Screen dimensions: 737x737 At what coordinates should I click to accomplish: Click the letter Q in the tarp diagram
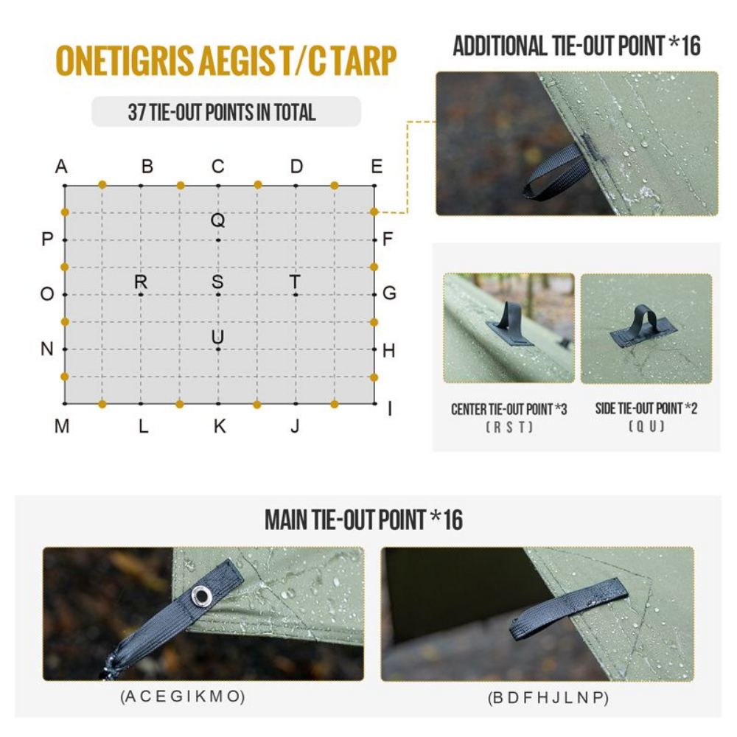(217, 220)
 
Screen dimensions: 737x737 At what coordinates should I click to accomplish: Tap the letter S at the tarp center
(217, 282)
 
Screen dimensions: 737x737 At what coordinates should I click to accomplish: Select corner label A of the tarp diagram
(61, 167)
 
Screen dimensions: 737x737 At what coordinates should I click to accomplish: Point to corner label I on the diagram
(389, 408)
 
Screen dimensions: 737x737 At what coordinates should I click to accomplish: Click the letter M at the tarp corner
(62, 426)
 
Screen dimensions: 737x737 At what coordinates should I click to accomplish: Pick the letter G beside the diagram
(389, 293)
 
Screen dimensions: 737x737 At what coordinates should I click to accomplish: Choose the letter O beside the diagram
(47, 294)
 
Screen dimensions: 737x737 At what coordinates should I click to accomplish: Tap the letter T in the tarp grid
(295, 282)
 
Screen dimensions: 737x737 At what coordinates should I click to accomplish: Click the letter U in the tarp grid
(217, 337)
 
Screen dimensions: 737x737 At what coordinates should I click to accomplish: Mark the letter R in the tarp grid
(141, 282)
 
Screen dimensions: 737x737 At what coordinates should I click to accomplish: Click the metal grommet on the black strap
(200, 594)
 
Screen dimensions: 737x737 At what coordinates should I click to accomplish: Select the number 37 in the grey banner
(137, 112)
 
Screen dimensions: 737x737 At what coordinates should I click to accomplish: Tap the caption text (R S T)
(509, 427)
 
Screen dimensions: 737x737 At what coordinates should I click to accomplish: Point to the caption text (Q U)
(646, 426)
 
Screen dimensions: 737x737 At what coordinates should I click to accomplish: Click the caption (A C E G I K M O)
(182, 696)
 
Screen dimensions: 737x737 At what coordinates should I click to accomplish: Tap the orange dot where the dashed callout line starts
(374, 212)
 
